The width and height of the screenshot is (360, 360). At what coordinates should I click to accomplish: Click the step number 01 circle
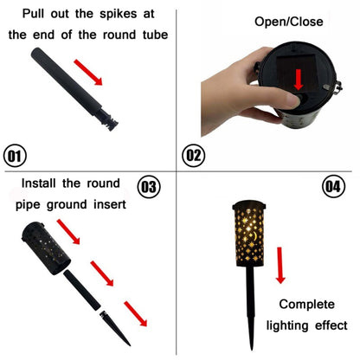[16, 157]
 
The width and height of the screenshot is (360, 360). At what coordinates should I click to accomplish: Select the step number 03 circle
[150, 187]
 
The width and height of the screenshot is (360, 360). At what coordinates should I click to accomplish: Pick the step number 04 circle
[334, 187]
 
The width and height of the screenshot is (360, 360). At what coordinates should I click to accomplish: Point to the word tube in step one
[151, 35]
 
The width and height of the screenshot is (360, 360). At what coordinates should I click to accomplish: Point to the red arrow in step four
[280, 265]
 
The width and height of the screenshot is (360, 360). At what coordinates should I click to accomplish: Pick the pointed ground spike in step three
[115, 325]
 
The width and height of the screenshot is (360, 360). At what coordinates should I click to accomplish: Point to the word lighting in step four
[292, 325]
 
